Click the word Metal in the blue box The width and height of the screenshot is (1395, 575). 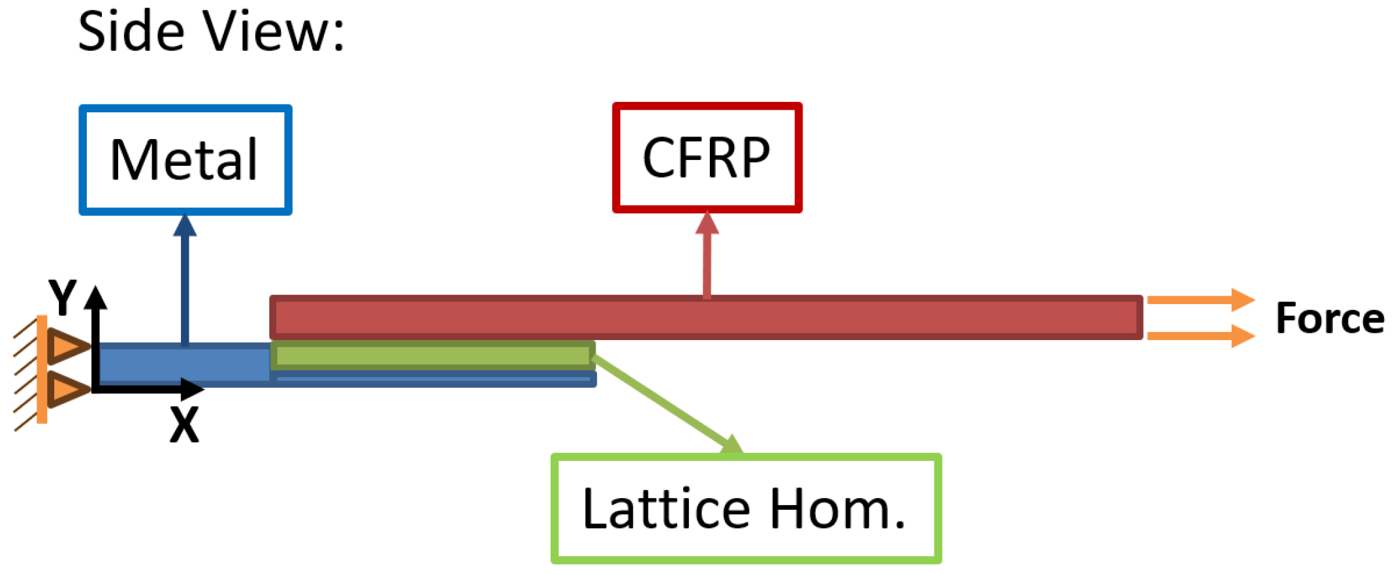[184, 160]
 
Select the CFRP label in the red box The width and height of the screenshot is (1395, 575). [707, 157]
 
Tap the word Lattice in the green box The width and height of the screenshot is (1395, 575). [666, 509]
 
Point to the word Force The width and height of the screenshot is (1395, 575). [1330, 319]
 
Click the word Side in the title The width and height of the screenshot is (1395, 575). [131, 31]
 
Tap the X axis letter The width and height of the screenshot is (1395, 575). [184, 425]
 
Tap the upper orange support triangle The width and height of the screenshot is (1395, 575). [67, 346]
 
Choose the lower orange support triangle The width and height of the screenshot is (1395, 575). [67, 390]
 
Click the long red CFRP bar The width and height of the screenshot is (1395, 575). [705, 318]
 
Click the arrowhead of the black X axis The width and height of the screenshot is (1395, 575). [192, 390]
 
